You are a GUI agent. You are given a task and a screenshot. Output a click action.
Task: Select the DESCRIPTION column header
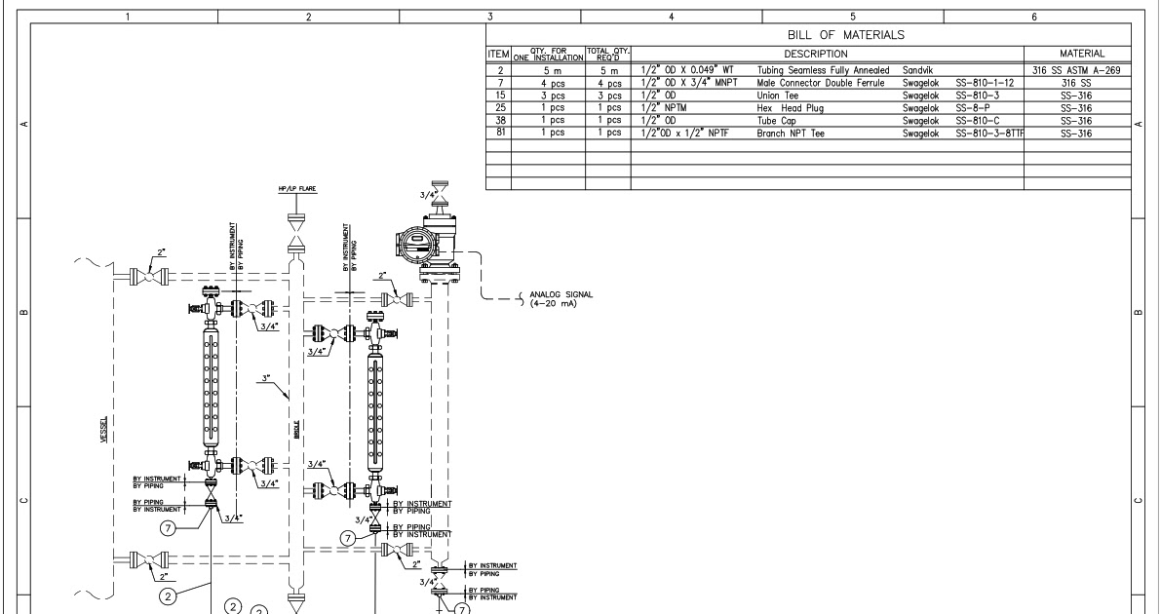827,54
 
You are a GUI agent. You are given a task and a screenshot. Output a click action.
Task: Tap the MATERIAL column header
1076,54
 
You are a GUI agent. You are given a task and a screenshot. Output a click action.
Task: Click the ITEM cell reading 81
500,133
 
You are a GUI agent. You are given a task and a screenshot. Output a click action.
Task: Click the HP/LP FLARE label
296,189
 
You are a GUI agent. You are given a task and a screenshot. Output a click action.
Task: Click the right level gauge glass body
372,409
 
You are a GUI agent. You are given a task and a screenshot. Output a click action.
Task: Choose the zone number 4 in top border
672,16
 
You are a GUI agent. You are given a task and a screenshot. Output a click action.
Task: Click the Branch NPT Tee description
791,133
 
